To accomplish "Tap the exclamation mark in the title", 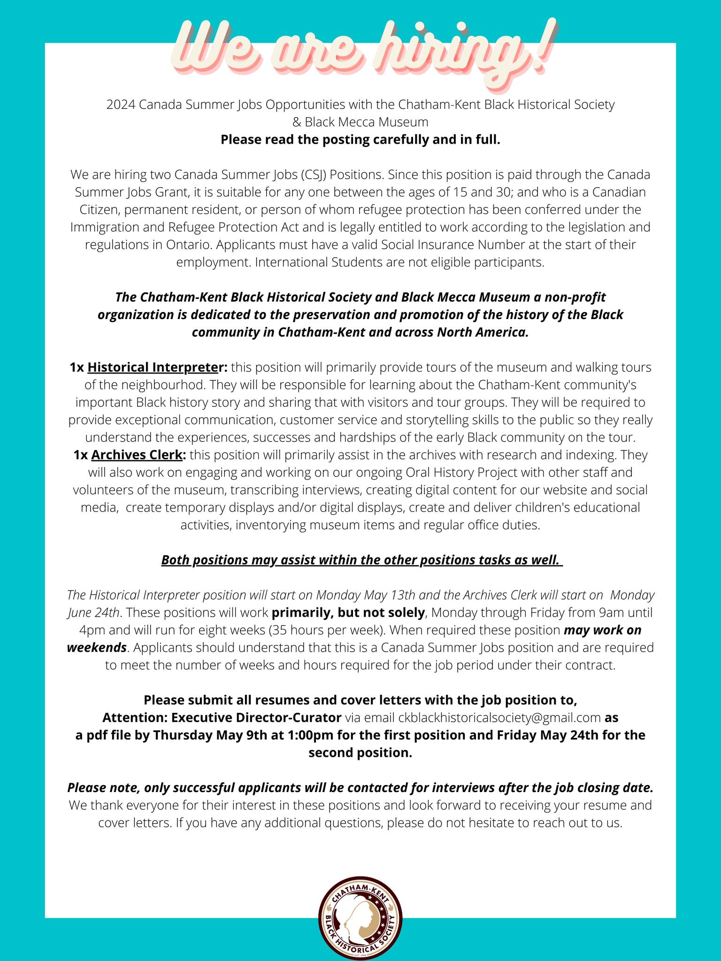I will point(544,47).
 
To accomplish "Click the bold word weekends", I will point(97,648).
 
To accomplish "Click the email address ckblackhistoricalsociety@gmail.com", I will point(499,717).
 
